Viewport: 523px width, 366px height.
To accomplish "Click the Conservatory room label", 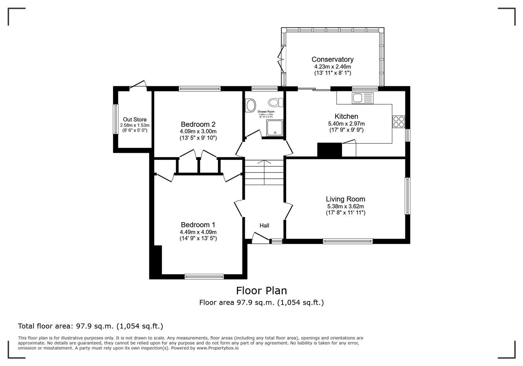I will point(332,59).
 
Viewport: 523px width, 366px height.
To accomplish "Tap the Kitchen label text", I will point(346,116).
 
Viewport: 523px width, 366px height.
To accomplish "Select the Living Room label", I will point(345,199).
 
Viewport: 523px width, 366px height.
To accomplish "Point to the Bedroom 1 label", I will point(198,225).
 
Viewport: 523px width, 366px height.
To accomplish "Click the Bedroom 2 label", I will point(198,124).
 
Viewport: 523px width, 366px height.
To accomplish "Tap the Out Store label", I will point(134,120).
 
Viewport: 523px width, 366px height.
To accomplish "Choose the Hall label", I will point(264,225).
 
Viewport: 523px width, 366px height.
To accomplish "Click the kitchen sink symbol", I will point(362,98).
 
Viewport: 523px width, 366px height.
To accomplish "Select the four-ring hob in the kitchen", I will point(398,122).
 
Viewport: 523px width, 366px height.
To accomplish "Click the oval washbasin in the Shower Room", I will point(251,105).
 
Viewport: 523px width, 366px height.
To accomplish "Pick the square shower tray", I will point(275,128).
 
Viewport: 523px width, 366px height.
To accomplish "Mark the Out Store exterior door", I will point(138,84).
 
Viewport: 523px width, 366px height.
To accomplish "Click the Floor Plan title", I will point(261,290).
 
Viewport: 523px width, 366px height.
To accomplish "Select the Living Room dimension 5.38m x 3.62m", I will point(345,206).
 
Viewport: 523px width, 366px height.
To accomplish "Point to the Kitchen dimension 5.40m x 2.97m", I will point(346,124).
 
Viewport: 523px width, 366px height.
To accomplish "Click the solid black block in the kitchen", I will point(329,150).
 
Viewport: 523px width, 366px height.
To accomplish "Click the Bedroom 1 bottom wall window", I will point(204,277).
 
